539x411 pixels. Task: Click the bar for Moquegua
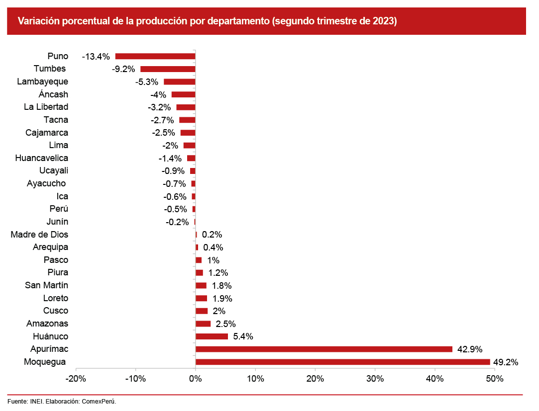342,362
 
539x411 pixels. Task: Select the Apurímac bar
323,349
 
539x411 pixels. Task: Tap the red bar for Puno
155,56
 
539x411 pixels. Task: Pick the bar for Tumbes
168,69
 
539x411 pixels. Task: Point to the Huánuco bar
212,336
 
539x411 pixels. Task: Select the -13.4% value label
96,57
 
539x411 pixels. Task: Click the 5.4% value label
243,336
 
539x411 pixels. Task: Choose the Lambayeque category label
43,82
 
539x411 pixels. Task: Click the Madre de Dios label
40,235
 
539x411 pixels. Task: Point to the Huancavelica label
42,158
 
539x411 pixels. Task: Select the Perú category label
59,209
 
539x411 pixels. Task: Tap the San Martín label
47,285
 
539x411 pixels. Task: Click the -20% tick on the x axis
76,379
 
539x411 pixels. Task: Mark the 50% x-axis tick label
495,379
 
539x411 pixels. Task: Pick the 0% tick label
196,379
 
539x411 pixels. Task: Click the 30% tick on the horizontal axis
375,379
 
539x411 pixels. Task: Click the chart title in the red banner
207,21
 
